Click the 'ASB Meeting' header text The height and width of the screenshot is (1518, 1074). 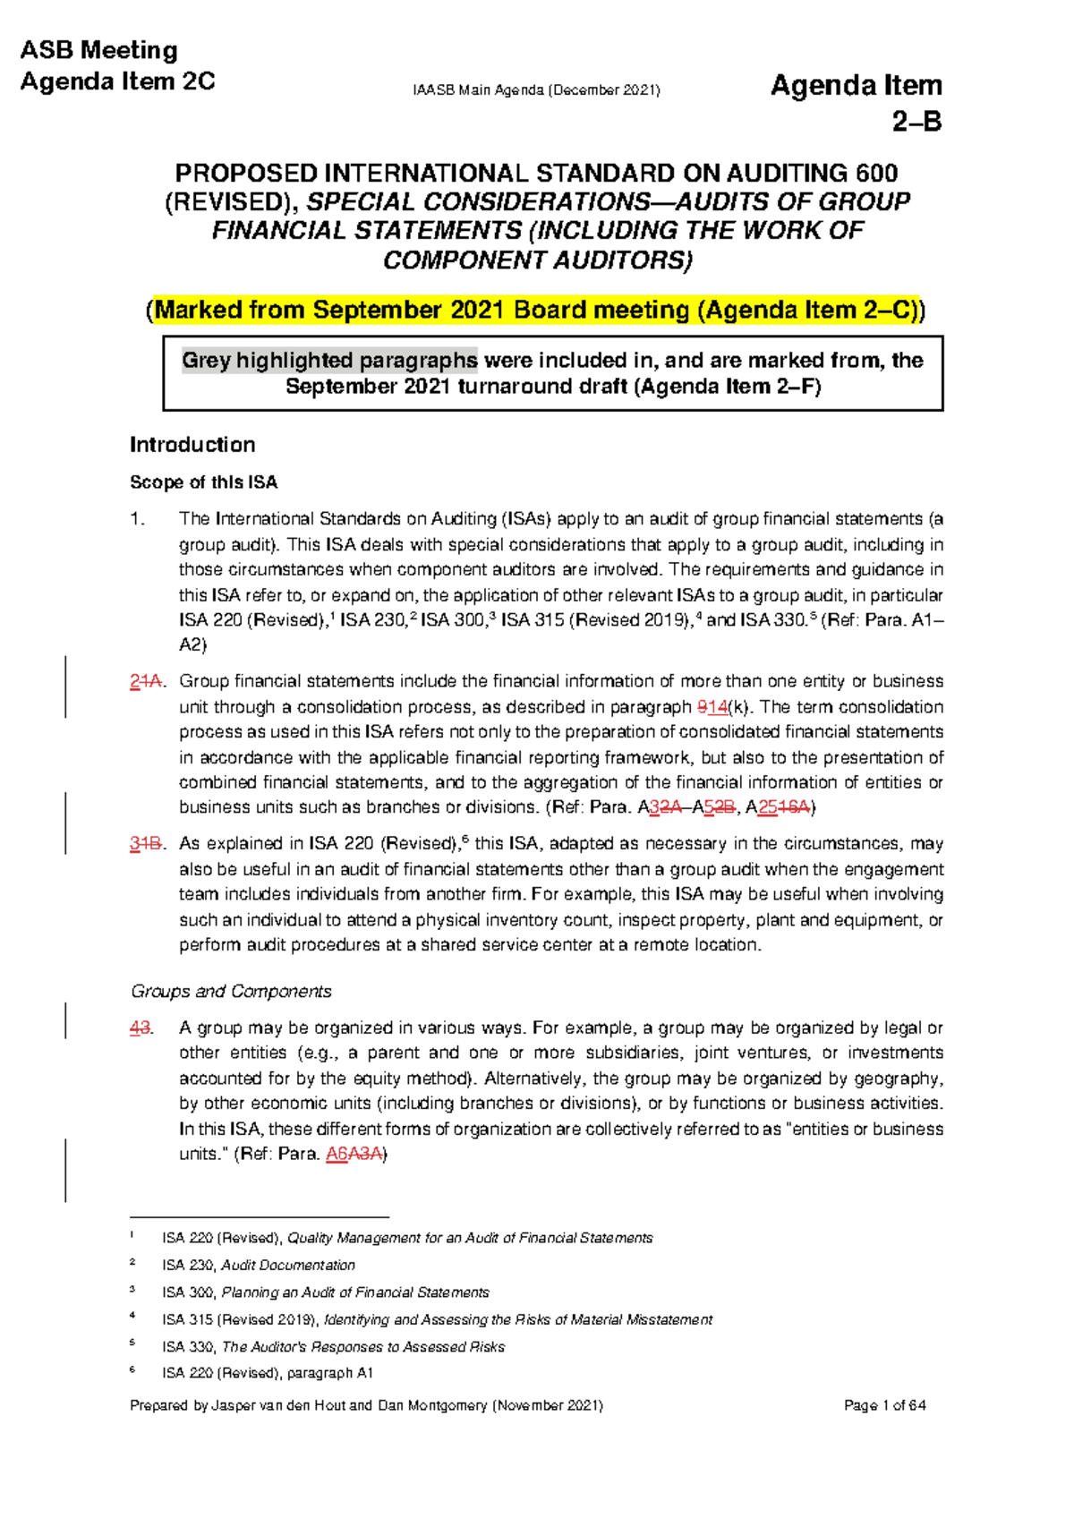coord(98,50)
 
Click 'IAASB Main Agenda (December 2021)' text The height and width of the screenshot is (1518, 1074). coord(536,90)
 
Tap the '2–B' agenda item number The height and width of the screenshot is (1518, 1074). coord(916,121)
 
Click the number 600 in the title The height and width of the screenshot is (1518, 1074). coord(876,173)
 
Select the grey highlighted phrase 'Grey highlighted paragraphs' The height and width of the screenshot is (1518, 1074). coord(329,361)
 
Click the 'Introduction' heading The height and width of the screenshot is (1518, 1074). coord(192,445)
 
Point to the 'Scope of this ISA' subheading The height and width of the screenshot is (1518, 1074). coord(203,482)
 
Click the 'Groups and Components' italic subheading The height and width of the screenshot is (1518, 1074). coord(231,991)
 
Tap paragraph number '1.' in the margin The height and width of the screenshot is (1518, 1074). coord(137,519)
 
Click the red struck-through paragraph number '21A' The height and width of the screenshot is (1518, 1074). coord(145,681)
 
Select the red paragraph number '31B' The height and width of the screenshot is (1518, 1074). coord(145,843)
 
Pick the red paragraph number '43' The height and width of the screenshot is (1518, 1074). coord(140,1028)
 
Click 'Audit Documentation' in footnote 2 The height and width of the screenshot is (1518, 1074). coord(287,1265)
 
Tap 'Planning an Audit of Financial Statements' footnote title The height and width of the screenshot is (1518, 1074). coord(354,1292)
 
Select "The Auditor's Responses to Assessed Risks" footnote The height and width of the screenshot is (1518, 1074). coord(362,1347)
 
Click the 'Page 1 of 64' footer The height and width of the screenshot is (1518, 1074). coord(884,1405)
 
